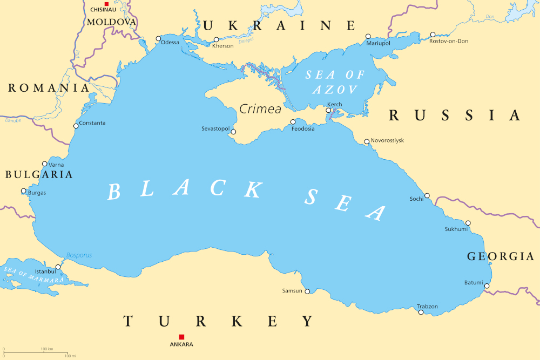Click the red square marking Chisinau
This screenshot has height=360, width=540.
pos(106,4)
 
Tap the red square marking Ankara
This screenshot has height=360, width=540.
pos(181,337)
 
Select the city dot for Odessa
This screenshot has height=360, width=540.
pos(158,38)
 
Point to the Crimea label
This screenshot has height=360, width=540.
pos(260,109)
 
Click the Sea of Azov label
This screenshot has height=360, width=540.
pos(335,82)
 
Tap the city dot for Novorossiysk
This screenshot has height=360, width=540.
pos(367,142)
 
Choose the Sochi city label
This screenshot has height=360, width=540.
pos(416,199)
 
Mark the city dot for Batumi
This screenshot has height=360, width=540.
pos(487,286)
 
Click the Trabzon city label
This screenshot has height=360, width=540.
pos(427,307)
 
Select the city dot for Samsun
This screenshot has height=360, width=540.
pos(307,291)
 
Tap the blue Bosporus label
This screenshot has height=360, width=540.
pos(79,255)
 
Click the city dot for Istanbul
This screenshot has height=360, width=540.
pos(58,267)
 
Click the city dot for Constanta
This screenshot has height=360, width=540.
pos(76,126)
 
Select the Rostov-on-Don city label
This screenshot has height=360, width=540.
pos(449,41)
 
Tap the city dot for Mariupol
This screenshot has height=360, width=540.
pos(368,36)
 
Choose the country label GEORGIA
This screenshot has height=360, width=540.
pos(500,256)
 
